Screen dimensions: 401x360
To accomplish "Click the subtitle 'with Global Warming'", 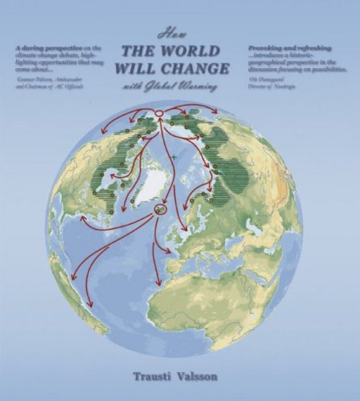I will click(x=172, y=85).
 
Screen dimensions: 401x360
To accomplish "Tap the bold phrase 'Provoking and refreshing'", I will click(x=290, y=49).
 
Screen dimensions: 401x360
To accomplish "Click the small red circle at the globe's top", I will click(x=159, y=114).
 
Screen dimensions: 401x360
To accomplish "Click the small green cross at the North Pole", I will click(x=173, y=157).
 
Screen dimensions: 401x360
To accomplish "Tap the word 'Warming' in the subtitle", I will click(x=199, y=85).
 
